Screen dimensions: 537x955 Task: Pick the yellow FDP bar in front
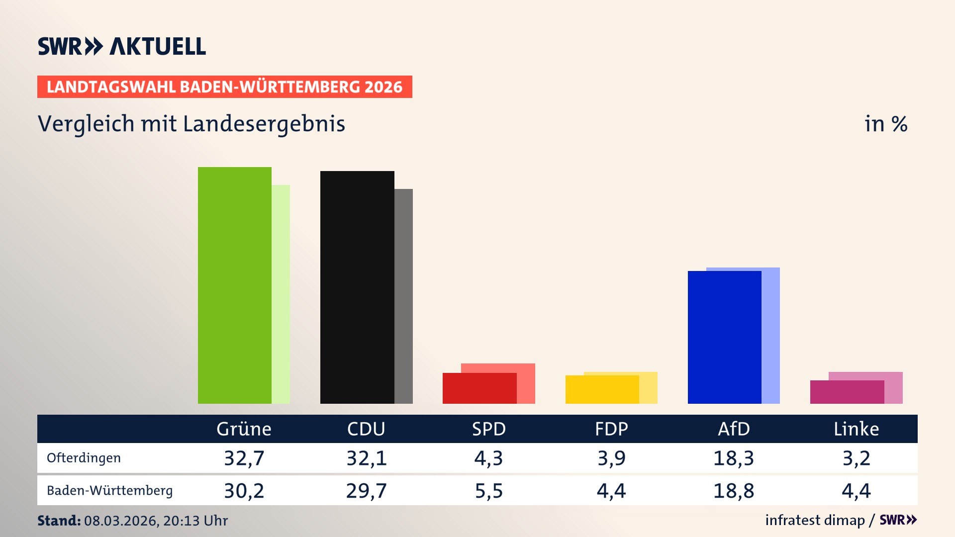(602, 389)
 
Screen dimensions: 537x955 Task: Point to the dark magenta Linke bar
(847, 392)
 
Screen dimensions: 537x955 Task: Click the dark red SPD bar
(479, 388)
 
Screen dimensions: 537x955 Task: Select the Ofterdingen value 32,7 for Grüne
(244, 458)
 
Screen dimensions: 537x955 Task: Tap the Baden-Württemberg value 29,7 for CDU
(366, 491)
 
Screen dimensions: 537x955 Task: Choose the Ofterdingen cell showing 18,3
(733, 458)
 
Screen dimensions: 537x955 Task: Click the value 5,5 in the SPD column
(488, 491)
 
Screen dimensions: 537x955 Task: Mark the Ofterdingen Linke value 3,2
(856, 458)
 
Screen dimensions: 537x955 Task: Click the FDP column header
(611, 429)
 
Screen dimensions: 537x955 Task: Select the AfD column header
(733, 429)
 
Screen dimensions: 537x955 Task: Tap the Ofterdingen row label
(84, 458)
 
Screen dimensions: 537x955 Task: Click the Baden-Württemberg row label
(109, 491)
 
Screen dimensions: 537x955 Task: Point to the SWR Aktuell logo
(122, 46)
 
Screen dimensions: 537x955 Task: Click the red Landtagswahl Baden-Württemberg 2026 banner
(224, 87)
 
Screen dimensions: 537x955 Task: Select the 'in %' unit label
(885, 124)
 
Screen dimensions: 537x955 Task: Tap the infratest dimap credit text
(815, 520)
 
